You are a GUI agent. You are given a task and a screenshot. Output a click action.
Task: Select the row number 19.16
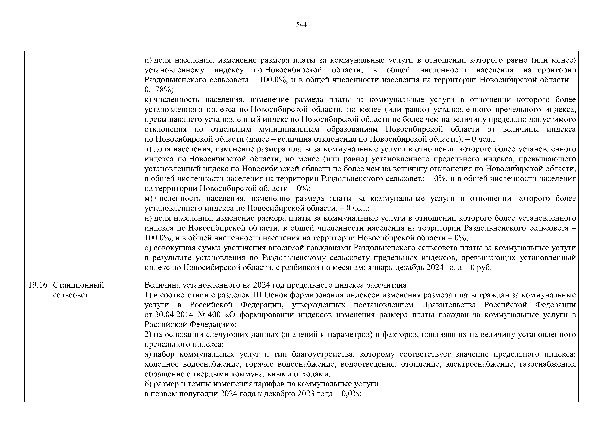tap(38, 285)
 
